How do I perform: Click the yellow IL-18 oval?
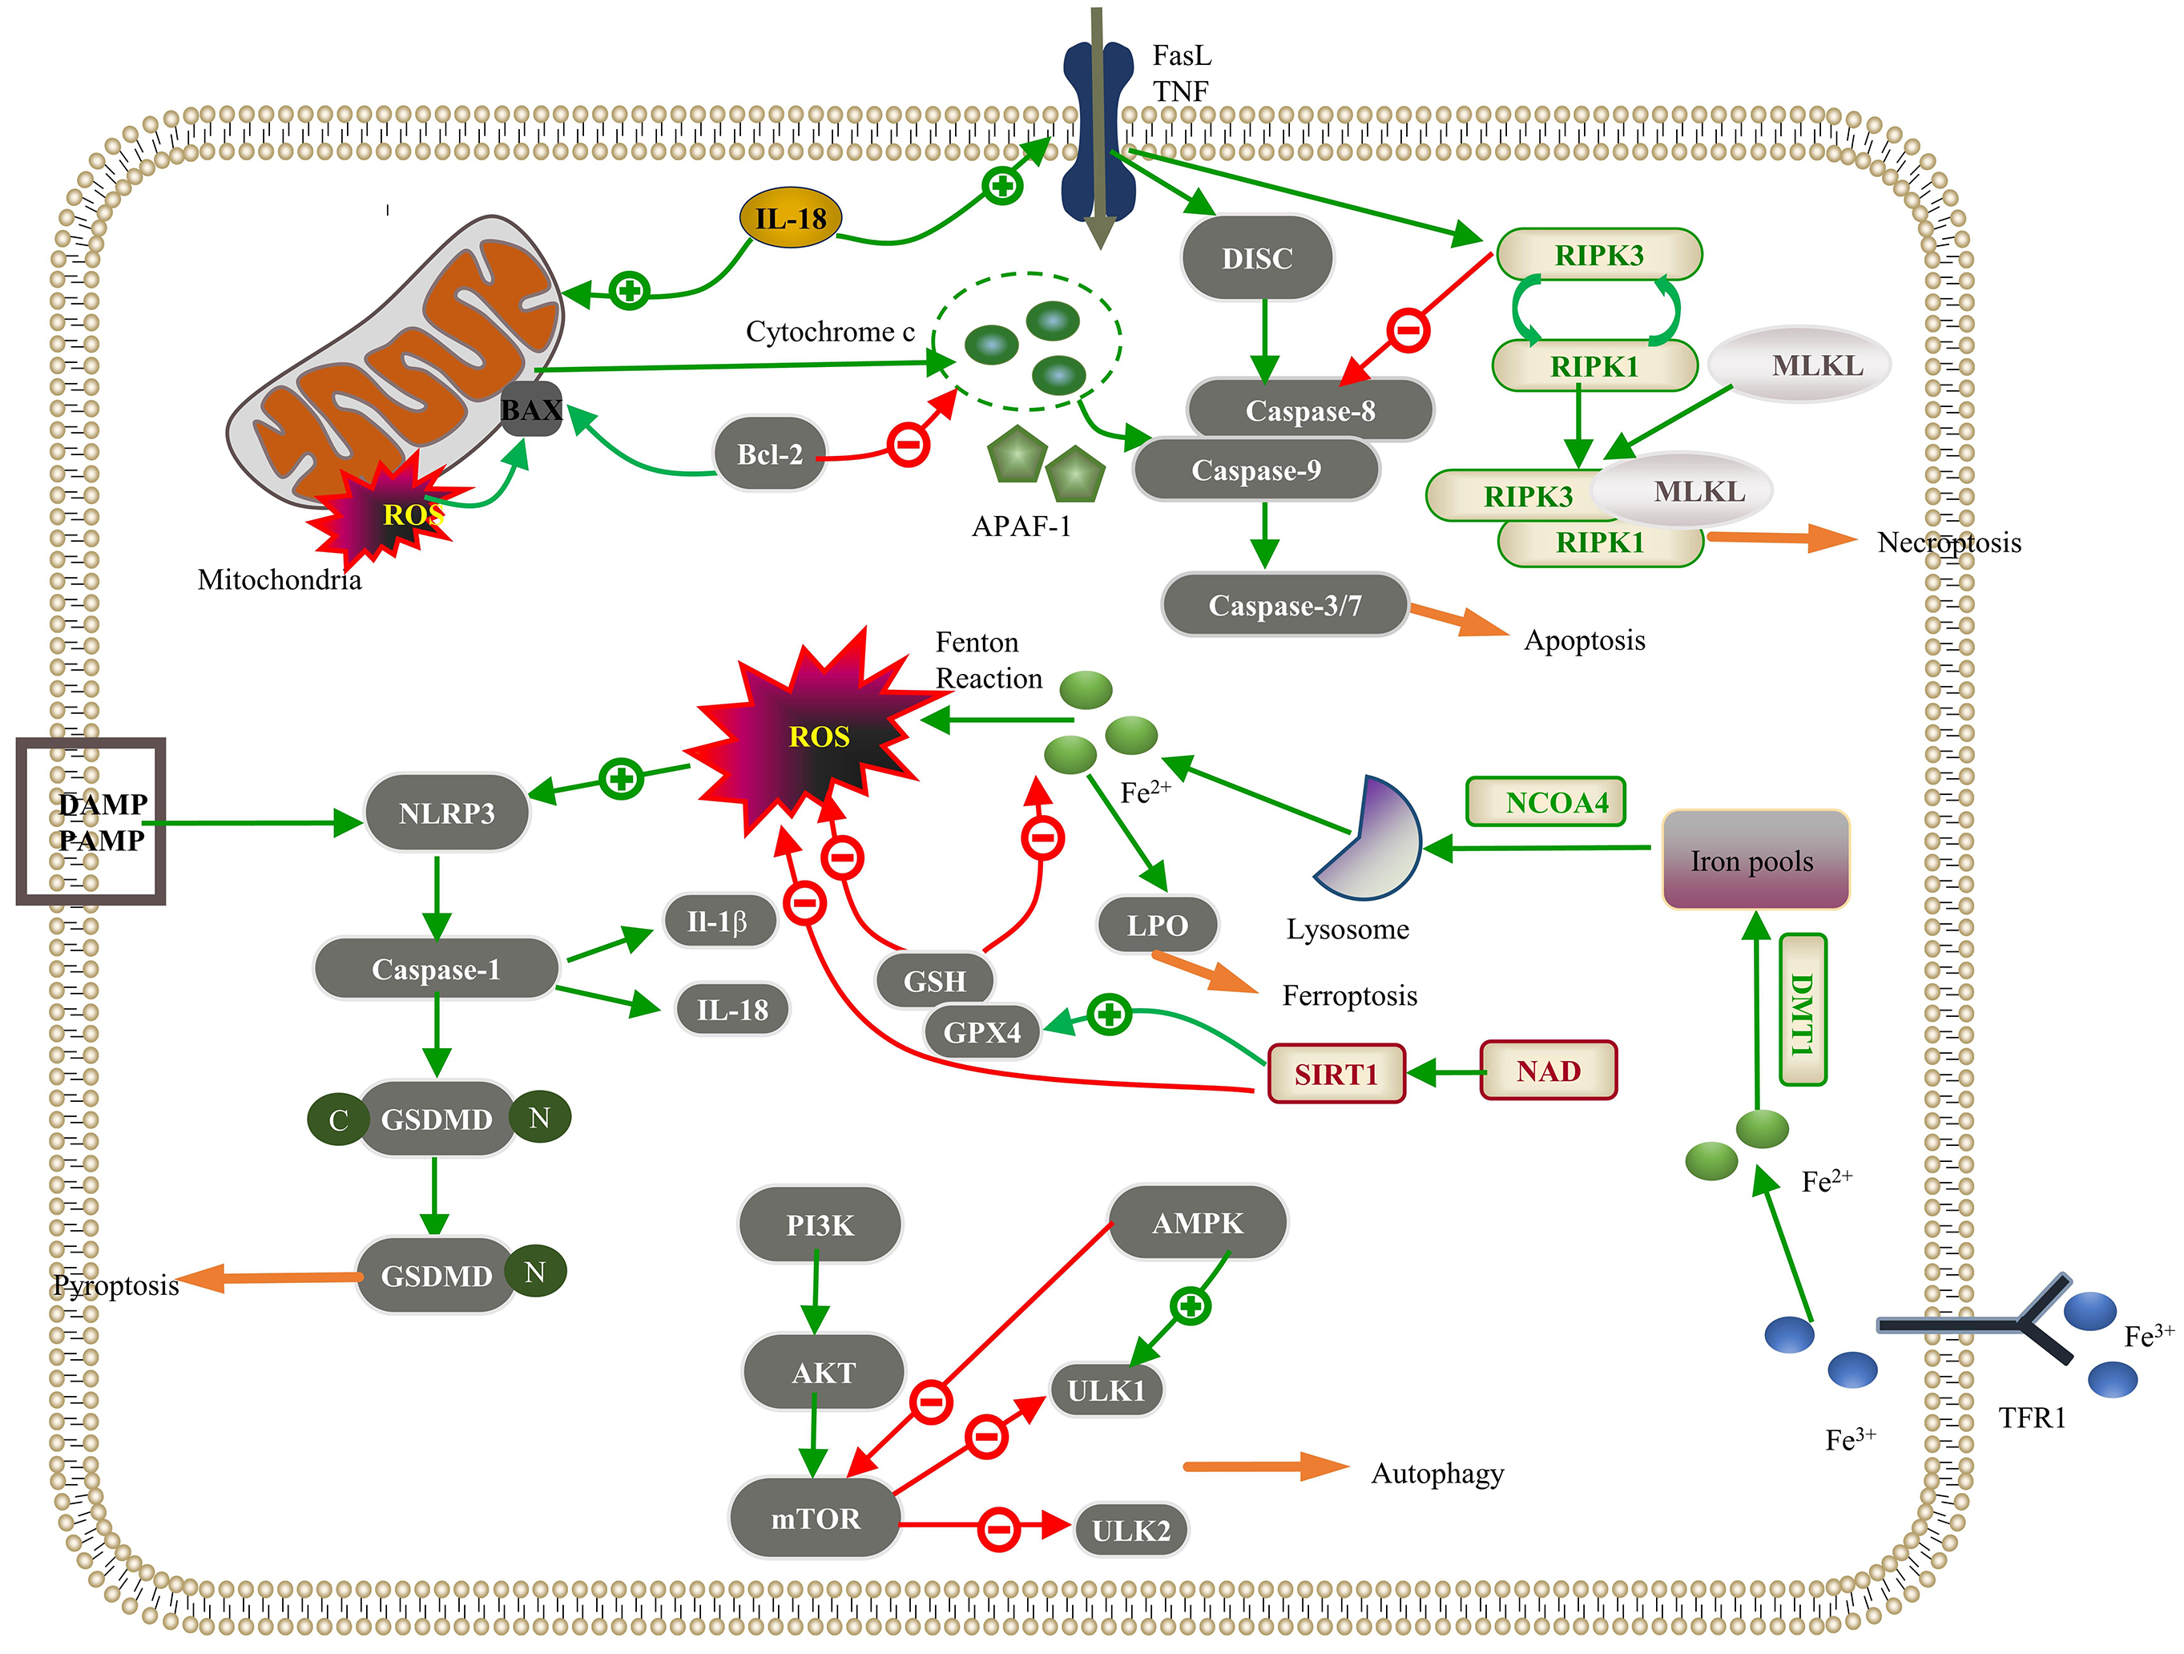coord(790,217)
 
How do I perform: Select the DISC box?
coord(1257,258)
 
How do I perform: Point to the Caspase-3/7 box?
coord(1284,604)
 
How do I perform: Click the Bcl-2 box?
coord(770,454)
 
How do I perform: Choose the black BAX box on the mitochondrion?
coord(531,409)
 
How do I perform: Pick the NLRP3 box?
coord(446,813)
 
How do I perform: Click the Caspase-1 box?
coord(437,969)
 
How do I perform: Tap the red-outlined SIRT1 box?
coord(1336,1073)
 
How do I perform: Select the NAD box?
coord(1548,1071)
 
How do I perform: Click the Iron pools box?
coord(1755,860)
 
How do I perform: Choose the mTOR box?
coord(815,1518)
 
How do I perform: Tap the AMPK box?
coord(1198,1223)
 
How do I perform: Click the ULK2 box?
coord(1130,1530)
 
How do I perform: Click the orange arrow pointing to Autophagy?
coord(1263,1466)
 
